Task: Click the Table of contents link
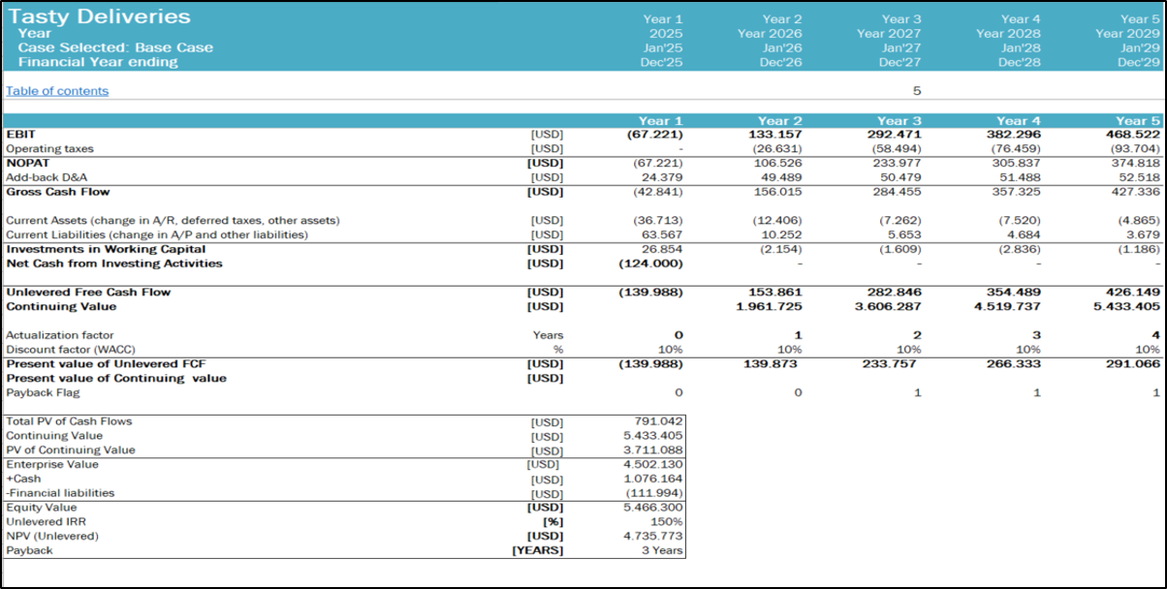tap(57, 91)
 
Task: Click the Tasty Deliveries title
tap(99, 16)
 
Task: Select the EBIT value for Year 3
tap(894, 135)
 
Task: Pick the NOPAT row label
tap(27, 163)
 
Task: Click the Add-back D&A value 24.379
tap(662, 177)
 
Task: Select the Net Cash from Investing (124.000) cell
tap(650, 263)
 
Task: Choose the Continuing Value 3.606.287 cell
tap(888, 306)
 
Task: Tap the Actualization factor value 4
tap(1155, 335)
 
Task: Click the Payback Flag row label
tap(43, 392)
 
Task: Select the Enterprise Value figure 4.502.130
tap(652, 465)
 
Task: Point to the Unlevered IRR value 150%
tap(666, 522)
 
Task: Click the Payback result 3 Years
tap(662, 550)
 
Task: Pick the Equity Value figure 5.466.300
tap(652, 508)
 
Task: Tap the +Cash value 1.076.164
tap(652, 479)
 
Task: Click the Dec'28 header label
tap(1019, 63)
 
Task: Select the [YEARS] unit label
tap(538, 550)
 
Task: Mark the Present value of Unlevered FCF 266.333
tap(1013, 364)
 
